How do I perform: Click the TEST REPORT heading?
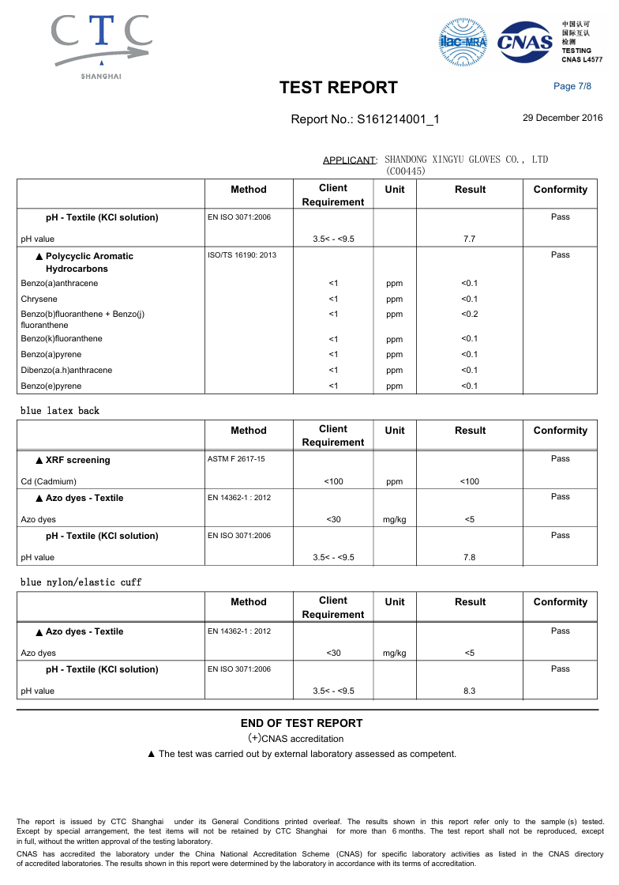338,88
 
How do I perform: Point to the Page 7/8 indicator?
572,86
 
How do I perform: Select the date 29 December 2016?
562,118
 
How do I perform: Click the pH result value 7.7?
469,239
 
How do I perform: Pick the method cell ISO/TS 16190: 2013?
242,255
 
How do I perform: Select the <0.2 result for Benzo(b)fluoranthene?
469,314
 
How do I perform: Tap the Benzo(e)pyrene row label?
51,386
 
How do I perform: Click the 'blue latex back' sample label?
60,411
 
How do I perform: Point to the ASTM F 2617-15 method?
236,459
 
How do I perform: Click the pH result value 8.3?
469,691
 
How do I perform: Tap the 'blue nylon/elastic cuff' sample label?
81,582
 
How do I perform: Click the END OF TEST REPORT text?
302,723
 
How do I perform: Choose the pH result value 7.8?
469,557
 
